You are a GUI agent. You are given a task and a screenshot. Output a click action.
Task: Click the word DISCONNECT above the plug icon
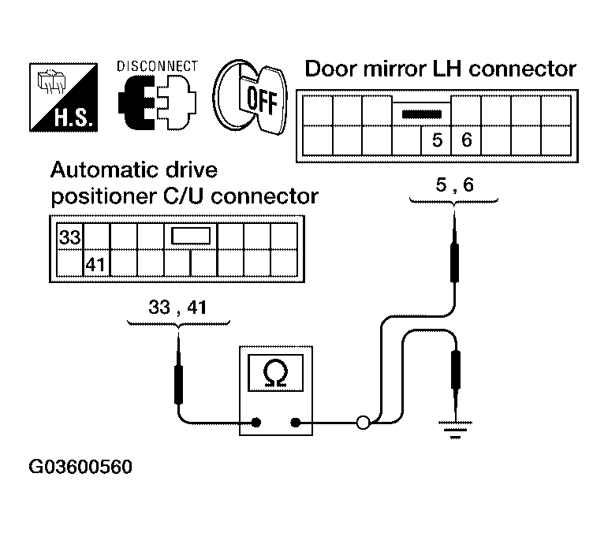(x=157, y=66)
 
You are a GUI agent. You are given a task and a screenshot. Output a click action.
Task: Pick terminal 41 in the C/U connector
(x=95, y=263)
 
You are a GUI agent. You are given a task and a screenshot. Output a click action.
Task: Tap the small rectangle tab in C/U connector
(x=190, y=235)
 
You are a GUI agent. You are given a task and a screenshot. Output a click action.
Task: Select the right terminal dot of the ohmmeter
(x=296, y=423)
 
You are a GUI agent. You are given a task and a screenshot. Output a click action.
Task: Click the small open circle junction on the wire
(x=363, y=423)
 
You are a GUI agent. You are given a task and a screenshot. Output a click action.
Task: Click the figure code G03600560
(x=81, y=467)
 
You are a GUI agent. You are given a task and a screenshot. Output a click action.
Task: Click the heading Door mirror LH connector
(x=440, y=69)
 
